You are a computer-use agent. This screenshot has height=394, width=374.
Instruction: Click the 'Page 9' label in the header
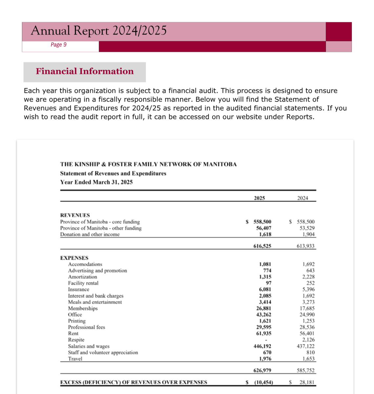coord(58,45)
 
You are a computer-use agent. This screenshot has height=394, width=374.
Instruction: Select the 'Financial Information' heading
coord(85,71)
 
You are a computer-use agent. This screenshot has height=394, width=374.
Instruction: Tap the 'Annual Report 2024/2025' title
coord(99,31)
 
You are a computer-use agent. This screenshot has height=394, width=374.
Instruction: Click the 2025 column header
coord(259,198)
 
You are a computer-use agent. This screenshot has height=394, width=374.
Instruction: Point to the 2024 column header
coord(302,198)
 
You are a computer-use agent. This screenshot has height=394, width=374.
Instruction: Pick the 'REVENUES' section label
coord(75,215)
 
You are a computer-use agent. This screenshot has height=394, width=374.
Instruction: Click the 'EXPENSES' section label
coord(74,258)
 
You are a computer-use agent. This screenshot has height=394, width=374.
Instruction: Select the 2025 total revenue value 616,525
coord(262,246)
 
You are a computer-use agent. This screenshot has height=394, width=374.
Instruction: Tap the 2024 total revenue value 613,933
coord(305,246)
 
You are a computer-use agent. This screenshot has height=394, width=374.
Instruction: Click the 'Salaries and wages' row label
coord(89,346)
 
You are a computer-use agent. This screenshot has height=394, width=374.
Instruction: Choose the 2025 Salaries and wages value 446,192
coord(262,346)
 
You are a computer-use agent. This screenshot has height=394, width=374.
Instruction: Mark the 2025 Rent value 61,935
coord(263,333)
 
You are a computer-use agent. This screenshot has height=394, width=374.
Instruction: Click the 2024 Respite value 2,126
coord(308,340)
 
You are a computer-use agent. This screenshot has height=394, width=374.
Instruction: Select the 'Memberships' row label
coord(83,308)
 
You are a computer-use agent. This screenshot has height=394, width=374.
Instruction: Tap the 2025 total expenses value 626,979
coord(262,370)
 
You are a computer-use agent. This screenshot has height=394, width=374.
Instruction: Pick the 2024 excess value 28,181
coord(307,382)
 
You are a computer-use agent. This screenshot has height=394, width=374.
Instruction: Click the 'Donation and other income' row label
coord(90,234)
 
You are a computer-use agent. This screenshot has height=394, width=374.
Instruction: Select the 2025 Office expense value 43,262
coord(263,315)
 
